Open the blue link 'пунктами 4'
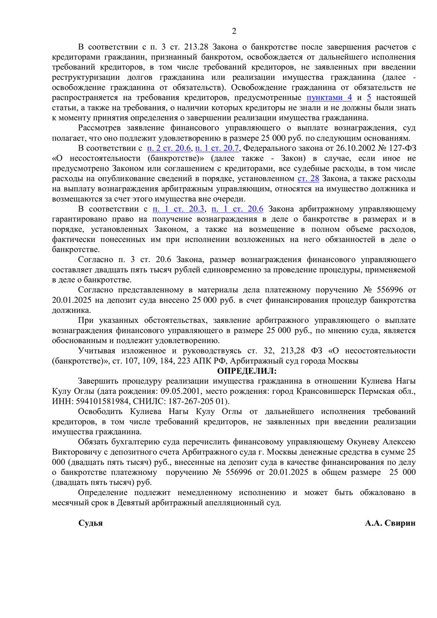329,97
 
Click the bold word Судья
91,523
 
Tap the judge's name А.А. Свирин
390,523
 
